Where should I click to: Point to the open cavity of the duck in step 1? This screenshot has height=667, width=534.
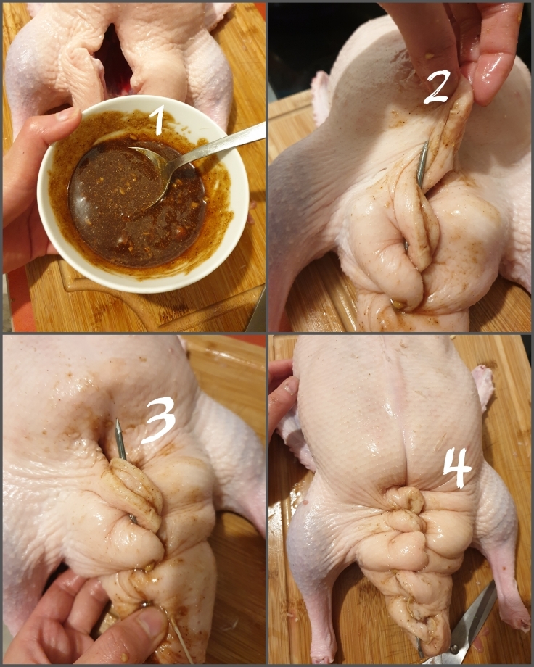(x=116, y=54)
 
